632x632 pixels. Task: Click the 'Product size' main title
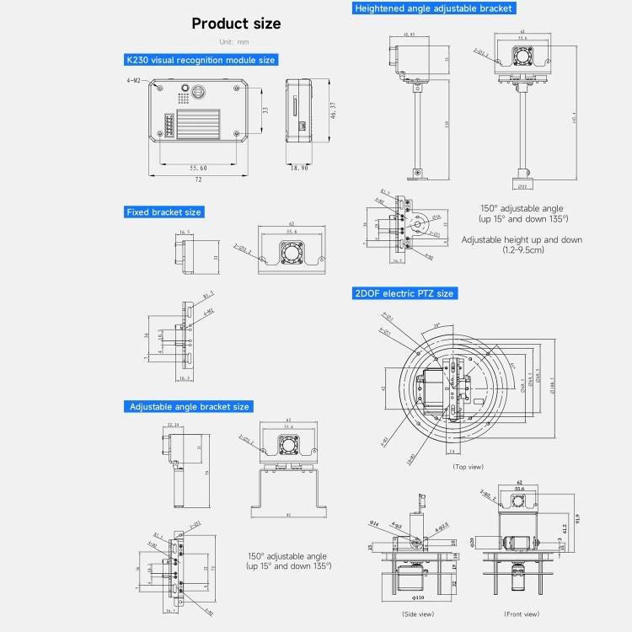(236, 24)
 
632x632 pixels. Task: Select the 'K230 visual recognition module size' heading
(201, 60)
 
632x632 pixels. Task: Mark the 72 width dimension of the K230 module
(199, 180)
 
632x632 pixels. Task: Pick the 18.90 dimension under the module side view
(300, 168)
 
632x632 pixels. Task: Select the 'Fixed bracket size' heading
(163, 212)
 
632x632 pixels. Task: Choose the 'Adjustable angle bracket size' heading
(190, 406)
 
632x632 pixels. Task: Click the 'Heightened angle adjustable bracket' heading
(433, 8)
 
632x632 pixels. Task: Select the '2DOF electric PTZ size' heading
(404, 293)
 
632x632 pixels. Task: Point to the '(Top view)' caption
(468, 466)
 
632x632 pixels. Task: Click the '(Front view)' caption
(521, 614)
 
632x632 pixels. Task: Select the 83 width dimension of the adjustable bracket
(288, 515)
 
